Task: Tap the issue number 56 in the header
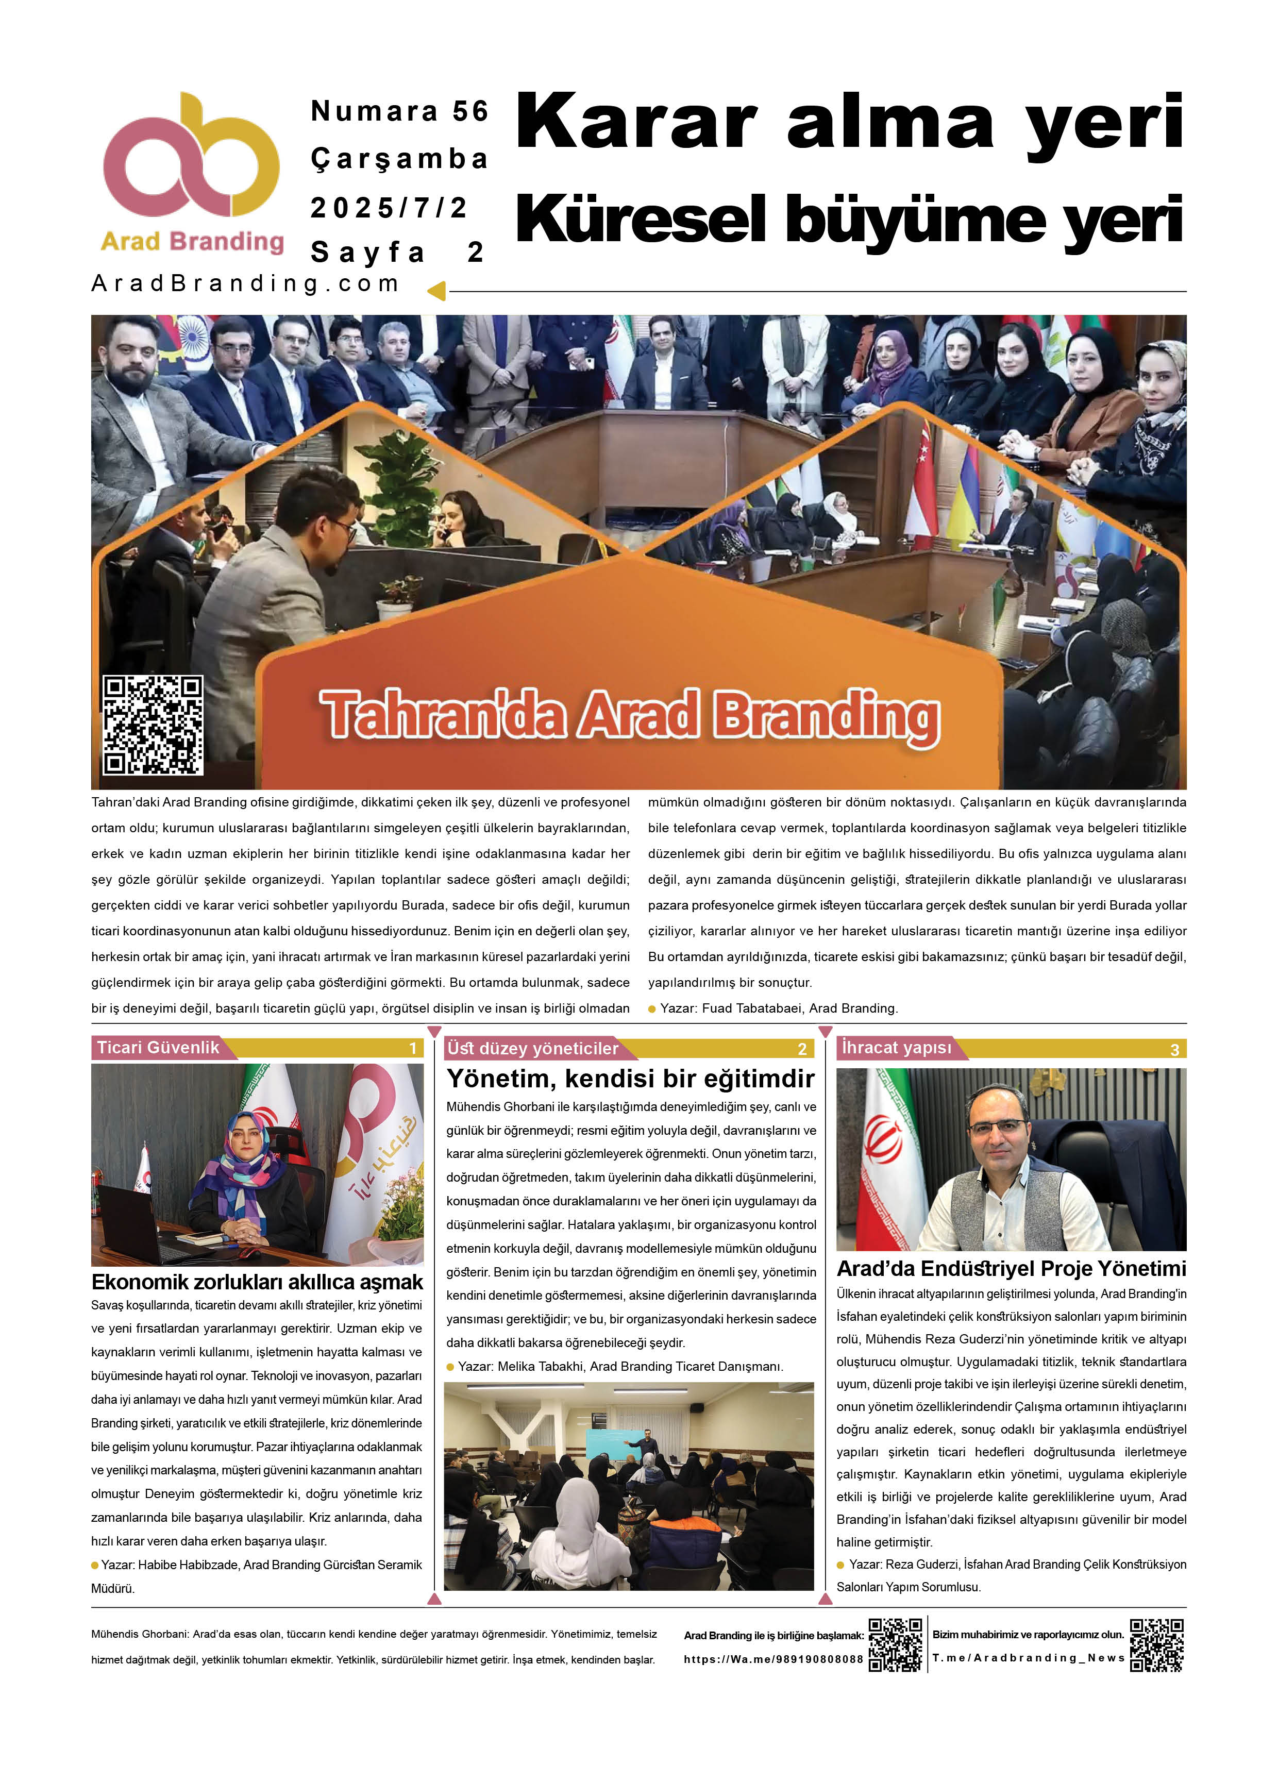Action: (470, 111)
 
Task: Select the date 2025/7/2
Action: (389, 208)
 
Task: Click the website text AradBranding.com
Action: (245, 283)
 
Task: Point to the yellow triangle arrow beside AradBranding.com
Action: (436, 291)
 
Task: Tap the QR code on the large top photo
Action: (154, 725)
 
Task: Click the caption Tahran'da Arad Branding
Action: (629, 714)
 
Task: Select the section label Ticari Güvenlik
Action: (158, 1048)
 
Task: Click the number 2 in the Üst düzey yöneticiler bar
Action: (802, 1049)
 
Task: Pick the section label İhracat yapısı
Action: (896, 1048)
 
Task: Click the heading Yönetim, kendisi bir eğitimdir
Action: (630, 1079)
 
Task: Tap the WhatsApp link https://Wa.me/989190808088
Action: (773, 1659)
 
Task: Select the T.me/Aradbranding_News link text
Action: (1028, 1658)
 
